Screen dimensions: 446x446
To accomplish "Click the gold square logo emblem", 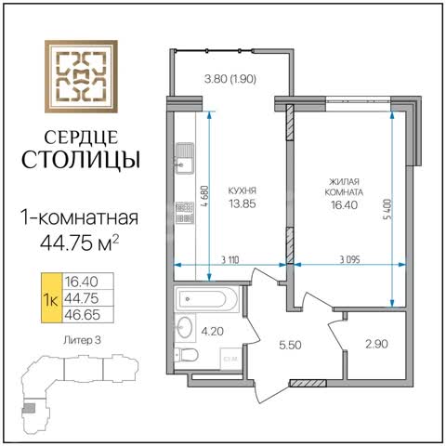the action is click(81, 76).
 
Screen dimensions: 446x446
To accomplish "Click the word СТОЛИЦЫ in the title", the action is click(81, 160).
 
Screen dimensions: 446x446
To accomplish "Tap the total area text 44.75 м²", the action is click(80, 243).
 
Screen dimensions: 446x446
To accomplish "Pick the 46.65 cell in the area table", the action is click(83, 315).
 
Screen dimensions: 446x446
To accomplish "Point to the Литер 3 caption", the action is click(82, 340).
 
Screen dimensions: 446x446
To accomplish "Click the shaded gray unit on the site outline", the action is click(30, 408).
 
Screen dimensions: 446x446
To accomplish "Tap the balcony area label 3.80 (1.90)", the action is click(230, 79).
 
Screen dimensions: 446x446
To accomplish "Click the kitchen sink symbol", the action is click(185, 158).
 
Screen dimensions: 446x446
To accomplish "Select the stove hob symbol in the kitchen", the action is click(185, 213).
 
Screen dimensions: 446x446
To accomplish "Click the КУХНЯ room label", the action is click(243, 190).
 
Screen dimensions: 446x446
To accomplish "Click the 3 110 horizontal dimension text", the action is click(230, 260).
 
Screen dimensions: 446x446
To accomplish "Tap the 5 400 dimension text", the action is click(387, 209).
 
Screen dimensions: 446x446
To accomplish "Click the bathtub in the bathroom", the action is click(206, 299).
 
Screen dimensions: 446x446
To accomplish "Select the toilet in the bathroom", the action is click(186, 355).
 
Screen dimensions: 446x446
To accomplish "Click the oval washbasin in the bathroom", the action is click(185, 327).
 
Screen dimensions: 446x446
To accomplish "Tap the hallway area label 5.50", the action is click(290, 345).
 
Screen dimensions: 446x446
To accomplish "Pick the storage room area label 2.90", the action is click(376, 344).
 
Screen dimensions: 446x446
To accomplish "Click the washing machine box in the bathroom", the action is click(230, 359).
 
